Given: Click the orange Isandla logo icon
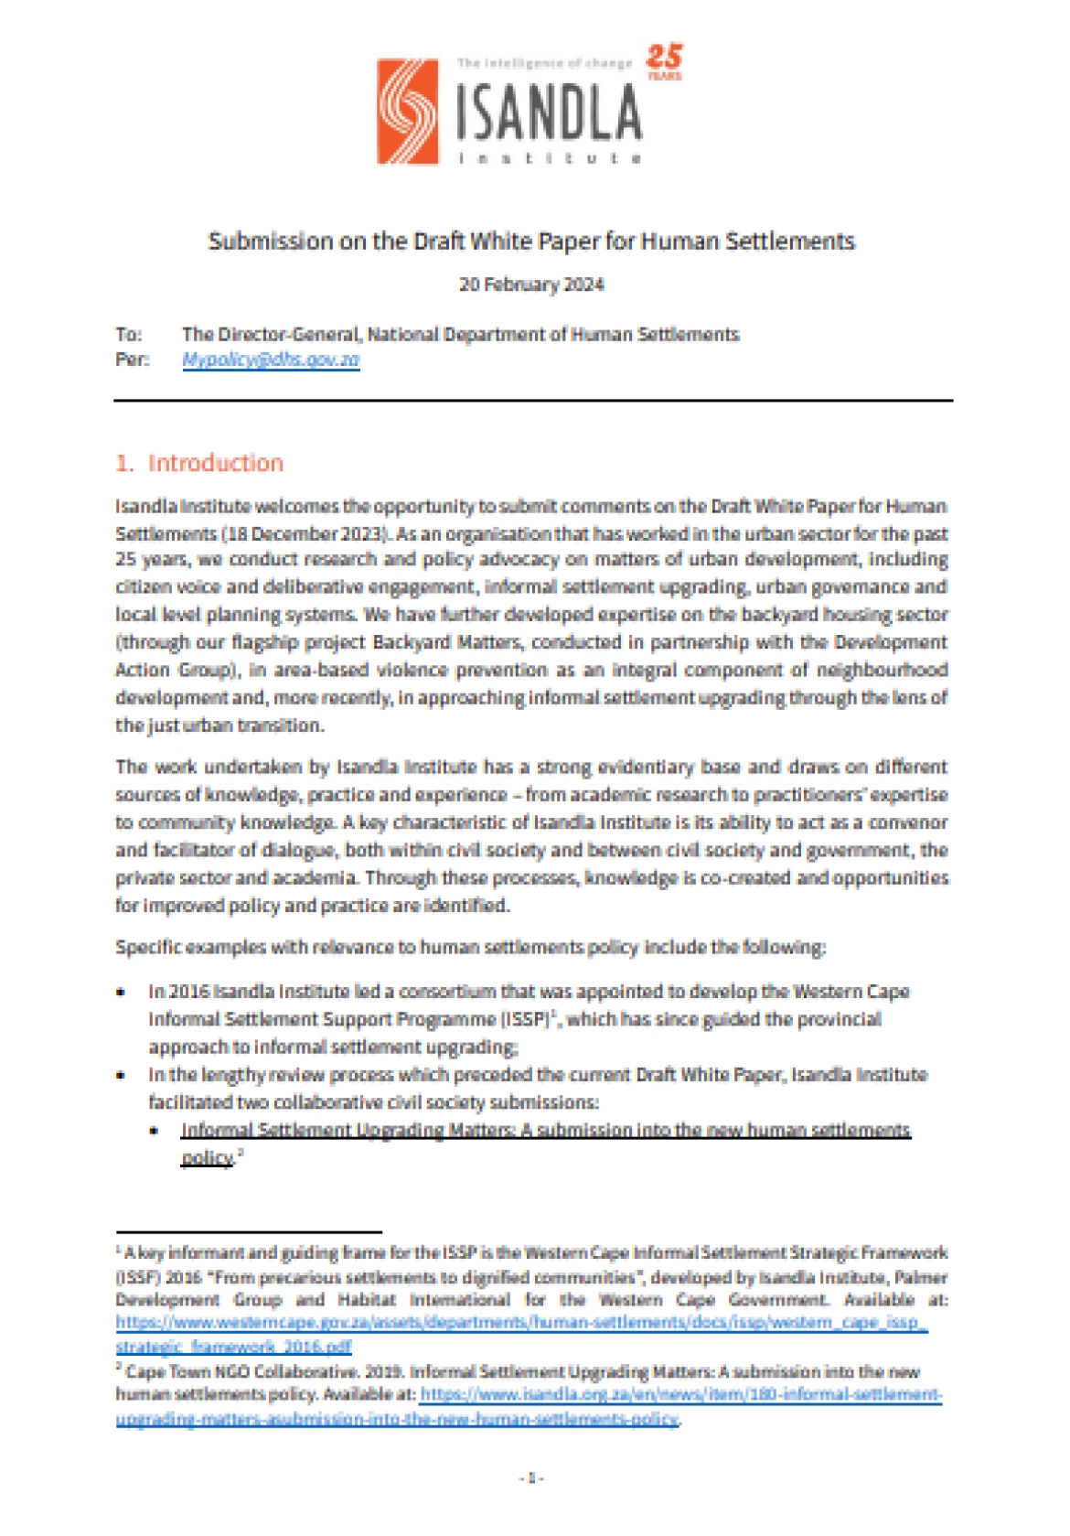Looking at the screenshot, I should (408, 112).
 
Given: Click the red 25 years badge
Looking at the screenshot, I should (664, 61).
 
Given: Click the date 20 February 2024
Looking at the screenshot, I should (531, 285).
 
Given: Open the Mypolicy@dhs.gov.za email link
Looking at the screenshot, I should (271, 360).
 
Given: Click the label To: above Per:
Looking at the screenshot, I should (128, 335).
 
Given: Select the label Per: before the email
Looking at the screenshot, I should (132, 360).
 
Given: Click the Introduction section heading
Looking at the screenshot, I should (215, 463).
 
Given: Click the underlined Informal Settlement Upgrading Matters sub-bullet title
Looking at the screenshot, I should (545, 1131).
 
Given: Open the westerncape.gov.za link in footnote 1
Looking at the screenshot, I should (521, 1323).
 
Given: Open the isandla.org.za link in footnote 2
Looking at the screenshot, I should (680, 1396).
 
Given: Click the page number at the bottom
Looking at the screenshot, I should (531, 1477).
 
